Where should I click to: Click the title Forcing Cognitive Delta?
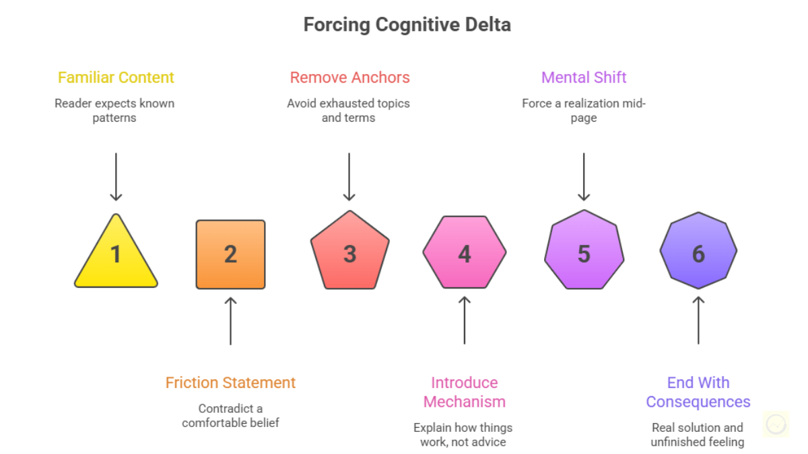click(407, 25)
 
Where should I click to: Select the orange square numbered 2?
click(230, 254)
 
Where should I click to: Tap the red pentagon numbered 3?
click(349, 253)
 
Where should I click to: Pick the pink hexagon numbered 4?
click(464, 253)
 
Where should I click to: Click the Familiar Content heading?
click(116, 77)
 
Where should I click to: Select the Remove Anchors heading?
click(349, 77)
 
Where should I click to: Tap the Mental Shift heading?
click(584, 77)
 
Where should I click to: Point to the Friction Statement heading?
click(230, 383)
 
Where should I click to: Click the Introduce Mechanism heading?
click(464, 392)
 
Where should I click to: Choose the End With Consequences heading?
click(698, 392)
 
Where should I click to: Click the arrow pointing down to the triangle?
click(116, 176)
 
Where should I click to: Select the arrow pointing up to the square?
click(230, 321)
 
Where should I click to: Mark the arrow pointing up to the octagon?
click(698, 321)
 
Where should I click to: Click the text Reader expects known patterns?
click(114, 110)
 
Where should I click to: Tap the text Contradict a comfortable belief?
click(230, 416)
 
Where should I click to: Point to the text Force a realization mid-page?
click(584, 110)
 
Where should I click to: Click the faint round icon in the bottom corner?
click(776, 424)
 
